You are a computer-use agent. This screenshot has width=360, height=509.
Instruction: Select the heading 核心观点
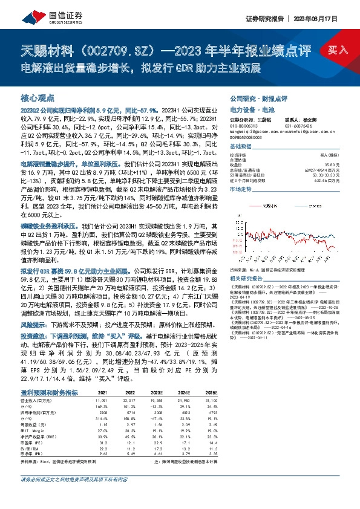pos(38,97)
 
